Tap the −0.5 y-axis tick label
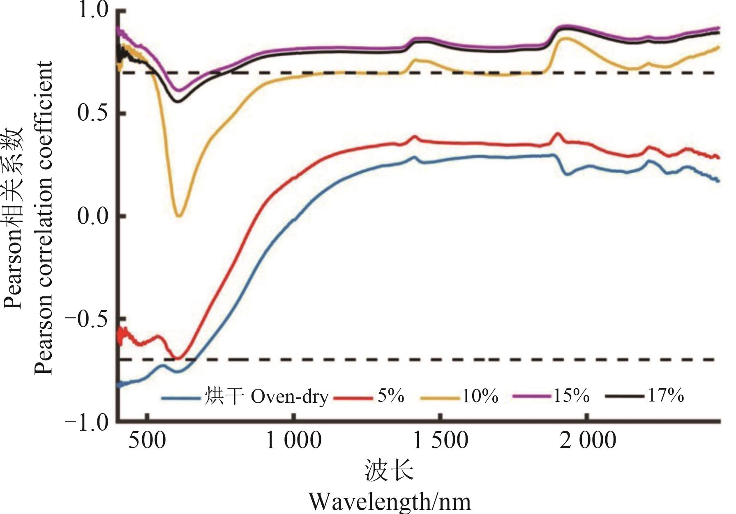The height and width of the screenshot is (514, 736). (87, 319)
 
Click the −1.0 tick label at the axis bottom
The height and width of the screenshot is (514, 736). (87, 421)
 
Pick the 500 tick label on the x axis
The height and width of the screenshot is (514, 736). (147, 441)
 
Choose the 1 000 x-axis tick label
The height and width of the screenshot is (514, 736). (293, 441)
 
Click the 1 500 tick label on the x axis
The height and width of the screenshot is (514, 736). (440, 441)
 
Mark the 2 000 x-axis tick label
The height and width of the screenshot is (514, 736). (588, 441)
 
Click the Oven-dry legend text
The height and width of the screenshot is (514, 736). (290, 397)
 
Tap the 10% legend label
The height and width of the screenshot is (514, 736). (480, 396)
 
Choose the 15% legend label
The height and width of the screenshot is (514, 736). (571, 396)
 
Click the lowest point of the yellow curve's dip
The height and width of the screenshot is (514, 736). (179, 216)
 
